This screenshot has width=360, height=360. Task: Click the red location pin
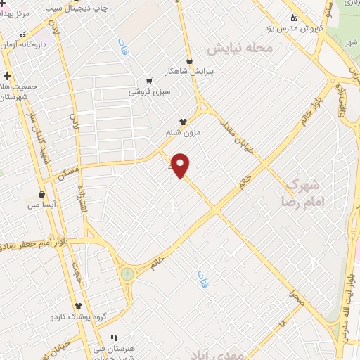[x=181, y=165]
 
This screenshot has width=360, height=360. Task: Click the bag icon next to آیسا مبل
[x=42, y=194]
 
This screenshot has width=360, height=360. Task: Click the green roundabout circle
[x=127, y=274]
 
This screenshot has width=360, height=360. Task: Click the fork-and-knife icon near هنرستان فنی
[x=112, y=337]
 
